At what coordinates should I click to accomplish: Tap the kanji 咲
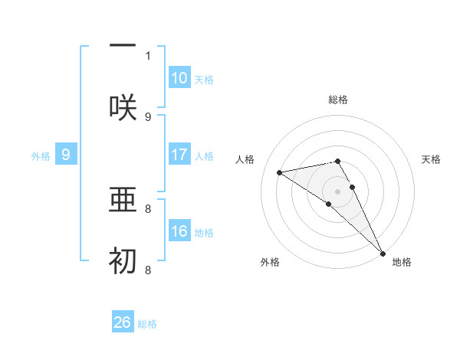pos(123,107)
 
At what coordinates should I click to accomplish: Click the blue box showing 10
pos(179,78)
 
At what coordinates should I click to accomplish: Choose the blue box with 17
pos(179,155)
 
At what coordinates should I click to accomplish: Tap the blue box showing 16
pos(179,231)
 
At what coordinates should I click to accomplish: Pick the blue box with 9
pos(66,155)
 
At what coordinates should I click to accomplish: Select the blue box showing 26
pos(123,322)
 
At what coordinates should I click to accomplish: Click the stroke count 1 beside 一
pos(148,55)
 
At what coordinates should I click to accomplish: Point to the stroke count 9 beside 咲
pos(148,116)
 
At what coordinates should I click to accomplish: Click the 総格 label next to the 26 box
pos(147,323)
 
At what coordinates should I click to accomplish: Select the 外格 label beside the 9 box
pos(41,155)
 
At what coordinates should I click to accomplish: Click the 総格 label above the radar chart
pos(338,100)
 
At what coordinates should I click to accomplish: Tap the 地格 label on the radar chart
pos(402,262)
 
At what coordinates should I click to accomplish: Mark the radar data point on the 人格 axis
pos(280,172)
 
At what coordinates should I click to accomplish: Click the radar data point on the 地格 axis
pos(383,253)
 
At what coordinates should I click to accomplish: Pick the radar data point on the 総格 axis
pos(338,161)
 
